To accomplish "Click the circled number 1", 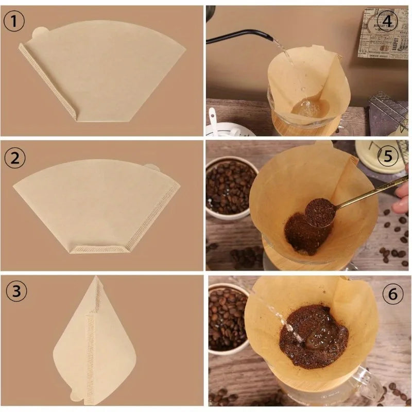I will pos(14,22).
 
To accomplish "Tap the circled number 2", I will pos(15,158).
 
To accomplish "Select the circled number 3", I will pos(16,291).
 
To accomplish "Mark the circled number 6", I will pos(393,295).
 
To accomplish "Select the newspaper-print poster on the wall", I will pos(383,33).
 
